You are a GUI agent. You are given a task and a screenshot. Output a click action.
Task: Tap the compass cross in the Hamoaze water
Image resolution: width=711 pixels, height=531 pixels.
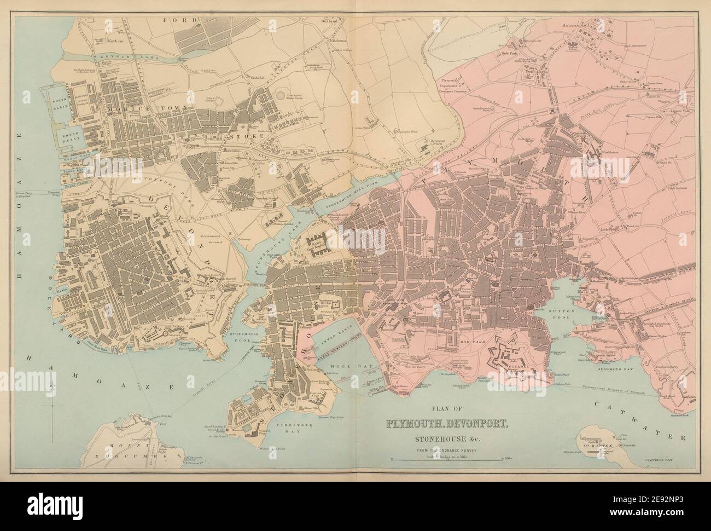pyautogui.click(x=52, y=407)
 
